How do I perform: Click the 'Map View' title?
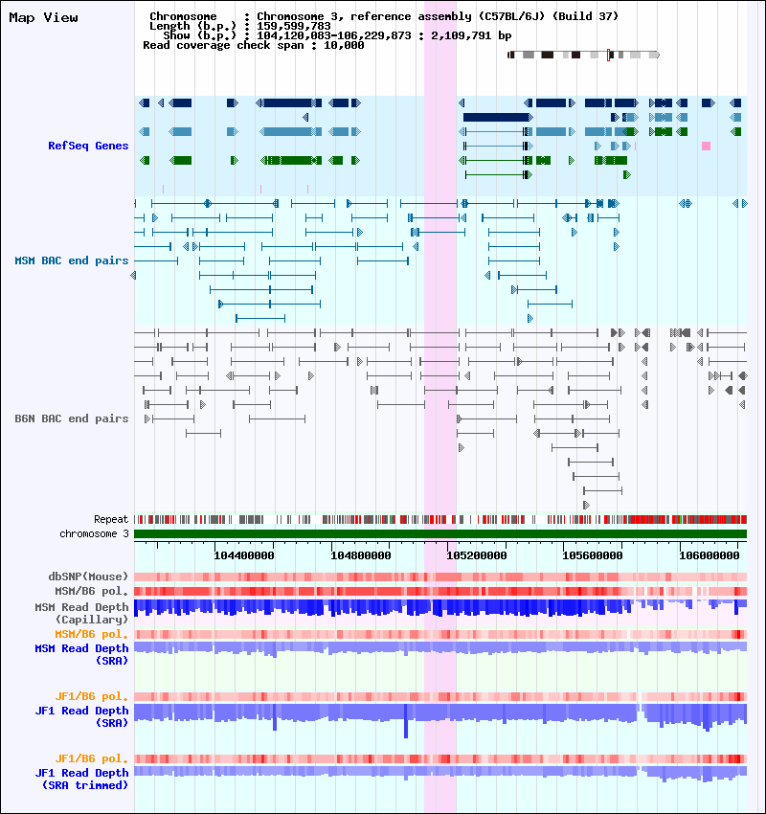point(44,17)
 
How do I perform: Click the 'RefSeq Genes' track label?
point(88,146)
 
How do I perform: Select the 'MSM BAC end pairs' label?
point(72,260)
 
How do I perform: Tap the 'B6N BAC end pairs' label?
point(72,418)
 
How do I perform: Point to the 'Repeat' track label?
point(111,519)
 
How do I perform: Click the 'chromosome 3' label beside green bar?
point(94,533)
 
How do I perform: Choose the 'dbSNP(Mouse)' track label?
point(88,577)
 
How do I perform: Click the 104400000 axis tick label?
point(244,555)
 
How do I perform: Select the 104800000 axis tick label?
point(361,555)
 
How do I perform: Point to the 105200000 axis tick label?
point(477,555)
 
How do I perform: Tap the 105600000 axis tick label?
point(593,555)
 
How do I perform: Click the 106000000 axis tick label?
point(710,555)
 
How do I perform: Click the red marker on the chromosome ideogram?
point(608,55)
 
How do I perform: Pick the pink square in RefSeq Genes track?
point(706,146)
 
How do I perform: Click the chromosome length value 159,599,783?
point(294,26)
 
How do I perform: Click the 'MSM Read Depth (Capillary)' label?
point(82,613)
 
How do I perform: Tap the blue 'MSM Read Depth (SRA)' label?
point(82,655)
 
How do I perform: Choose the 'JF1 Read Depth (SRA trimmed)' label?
point(82,780)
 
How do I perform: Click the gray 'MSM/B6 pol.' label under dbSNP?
point(91,591)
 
